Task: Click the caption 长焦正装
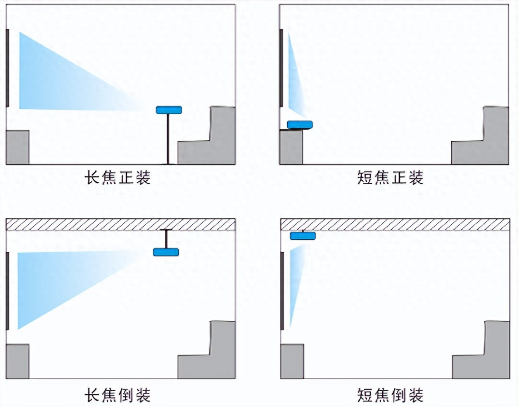(117, 178)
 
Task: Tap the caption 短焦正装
(390, 178)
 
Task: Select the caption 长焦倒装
(117, 396)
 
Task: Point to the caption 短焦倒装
(390, 396)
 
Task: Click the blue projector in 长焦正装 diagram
(169, 110)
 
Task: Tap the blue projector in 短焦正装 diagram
(300, 124)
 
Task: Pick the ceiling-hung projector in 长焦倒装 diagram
(166, 252)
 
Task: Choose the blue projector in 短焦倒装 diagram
(303, 236)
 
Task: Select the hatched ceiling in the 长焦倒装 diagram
(120, 224)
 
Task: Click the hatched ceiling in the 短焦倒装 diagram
(395, 224)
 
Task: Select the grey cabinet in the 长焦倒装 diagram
(17, 361)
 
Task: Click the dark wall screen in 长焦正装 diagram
(7, 68)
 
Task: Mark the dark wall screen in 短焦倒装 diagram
(282, 291)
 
